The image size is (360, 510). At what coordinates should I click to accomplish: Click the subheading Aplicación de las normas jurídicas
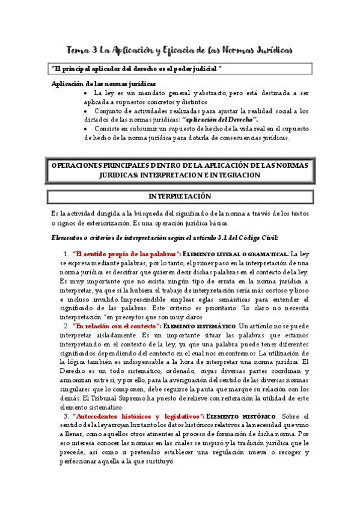tap(104, 84)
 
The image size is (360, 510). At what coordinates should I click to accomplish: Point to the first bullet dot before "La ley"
tap(87, 94)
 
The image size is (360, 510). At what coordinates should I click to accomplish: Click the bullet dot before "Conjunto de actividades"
tap(87, 111)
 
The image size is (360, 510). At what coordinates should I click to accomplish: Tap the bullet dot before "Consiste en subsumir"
tap(87, 129)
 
